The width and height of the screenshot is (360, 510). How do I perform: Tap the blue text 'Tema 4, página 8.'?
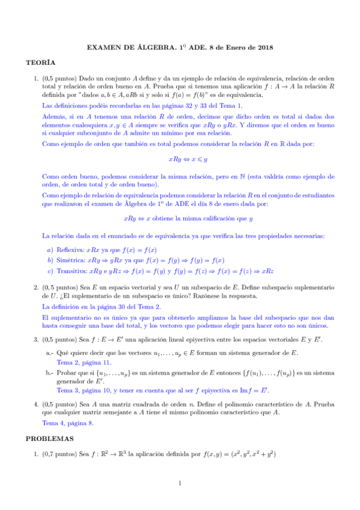pos(68,423)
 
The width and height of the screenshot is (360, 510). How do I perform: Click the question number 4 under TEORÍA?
pos(36,402)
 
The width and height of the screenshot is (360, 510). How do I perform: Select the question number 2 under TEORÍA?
pos(36,287)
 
